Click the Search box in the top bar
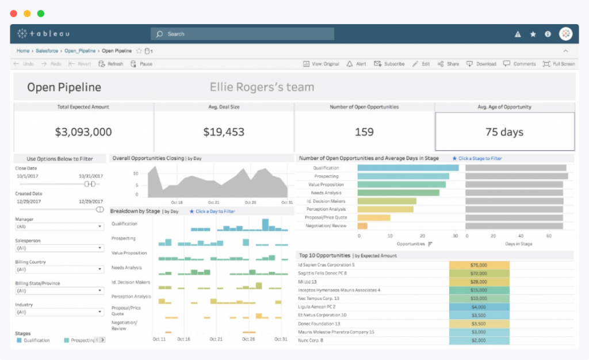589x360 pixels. click(242, 34)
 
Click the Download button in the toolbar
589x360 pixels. click(481, 64)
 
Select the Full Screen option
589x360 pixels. click(559, 64)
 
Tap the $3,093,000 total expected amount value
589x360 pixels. click(83, 132)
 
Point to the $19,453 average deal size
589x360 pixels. click(224, 132)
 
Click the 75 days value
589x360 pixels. click(504, 132)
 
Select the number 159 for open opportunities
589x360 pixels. click(364, 132)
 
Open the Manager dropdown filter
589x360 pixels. click(59, 227)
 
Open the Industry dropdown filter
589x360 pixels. click(59, 312)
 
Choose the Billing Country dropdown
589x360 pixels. click(59, 269)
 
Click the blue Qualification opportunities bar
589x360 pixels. click(408, 168)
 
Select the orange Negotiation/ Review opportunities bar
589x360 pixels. click(362, 226)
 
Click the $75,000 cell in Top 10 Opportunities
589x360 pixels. click(479, 265)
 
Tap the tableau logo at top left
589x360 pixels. click(43, 34)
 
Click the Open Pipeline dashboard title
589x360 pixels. click(64, 87)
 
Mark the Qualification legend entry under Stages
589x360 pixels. click(33, 340)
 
